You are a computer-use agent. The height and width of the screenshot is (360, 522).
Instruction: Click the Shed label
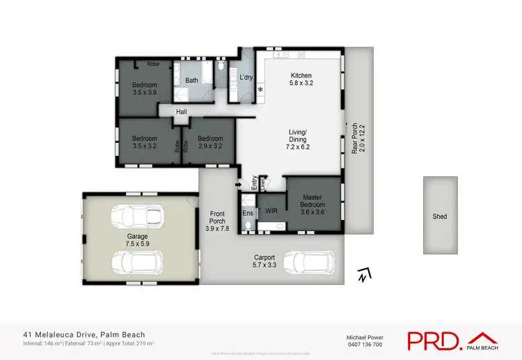pyautogui.click(x=440, y=217)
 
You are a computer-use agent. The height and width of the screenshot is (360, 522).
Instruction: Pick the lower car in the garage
pyautogui.click(x=138, y=262)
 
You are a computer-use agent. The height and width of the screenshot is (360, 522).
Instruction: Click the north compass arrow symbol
pyautogui.click(x=361, y=275)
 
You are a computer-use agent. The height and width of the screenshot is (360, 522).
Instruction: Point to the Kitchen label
pyautogui.click(x=301, y=75)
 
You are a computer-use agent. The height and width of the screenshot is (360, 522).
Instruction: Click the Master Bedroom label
pyautogui.click(x=313, y=201)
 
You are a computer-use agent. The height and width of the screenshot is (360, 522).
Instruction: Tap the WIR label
pyautogui.click(x=271, y=209)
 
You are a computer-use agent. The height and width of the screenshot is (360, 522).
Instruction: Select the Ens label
pyautogui.click(x=248, y=212)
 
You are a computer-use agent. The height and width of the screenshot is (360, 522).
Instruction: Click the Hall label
pyautogui.click(x=182, y=111)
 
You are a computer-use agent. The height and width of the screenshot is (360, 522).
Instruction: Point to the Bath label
pyautogui.click(x=191, y=80)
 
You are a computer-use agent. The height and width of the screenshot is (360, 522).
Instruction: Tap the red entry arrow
pyautogui.click(x=241, y=185)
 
